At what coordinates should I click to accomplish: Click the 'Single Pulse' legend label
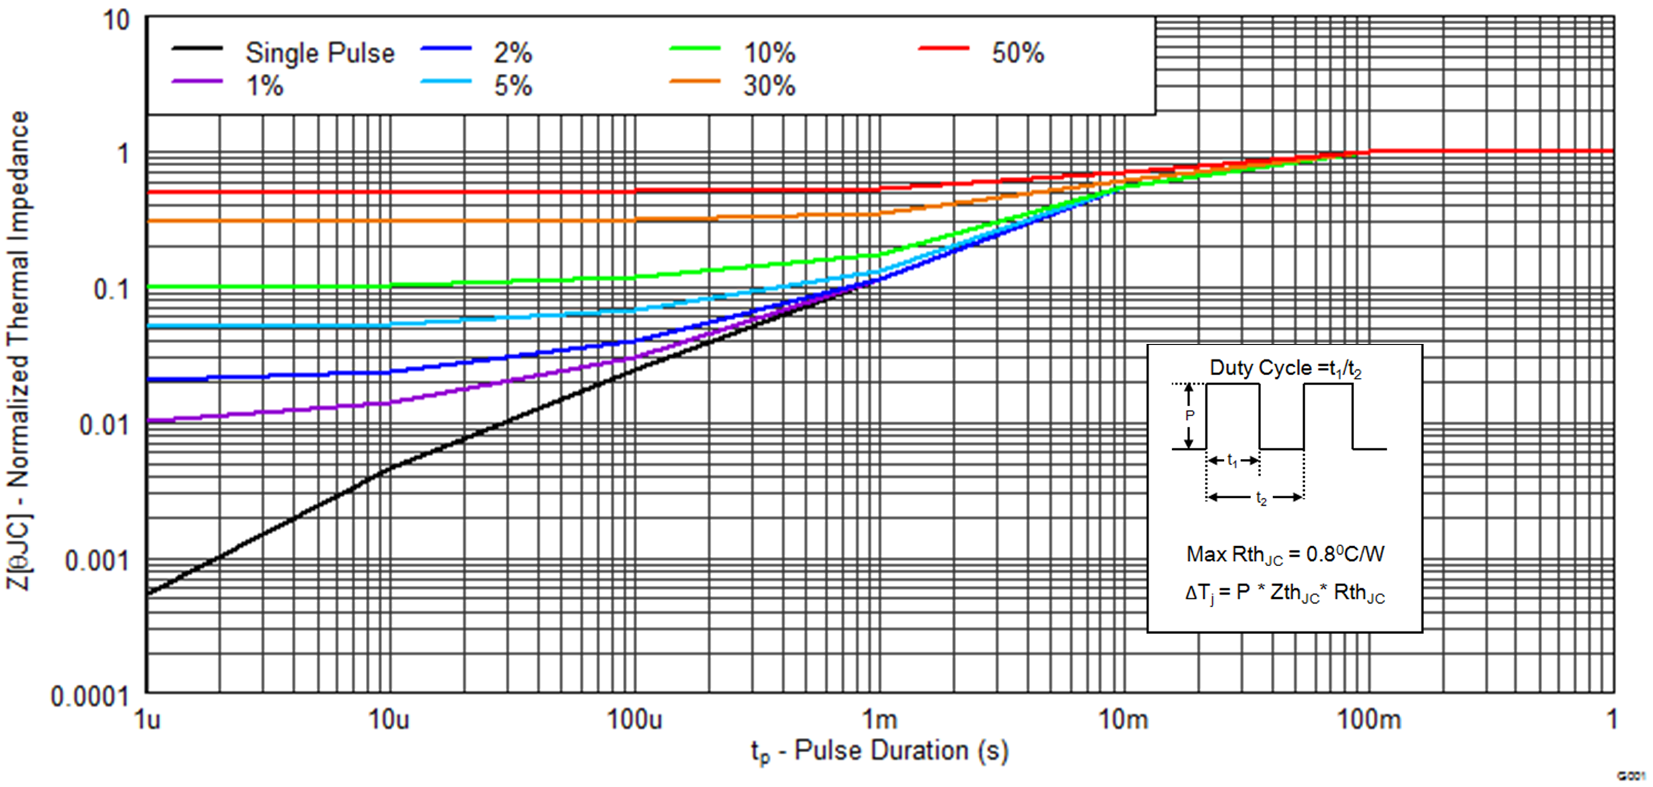[320, 53]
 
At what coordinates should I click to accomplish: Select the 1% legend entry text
[264, 86]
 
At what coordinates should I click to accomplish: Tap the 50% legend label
[1017, 53]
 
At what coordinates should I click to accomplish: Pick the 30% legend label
[769, 86]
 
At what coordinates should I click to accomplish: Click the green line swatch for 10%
[695, 48]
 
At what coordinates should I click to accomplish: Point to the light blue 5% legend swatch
[446, 81]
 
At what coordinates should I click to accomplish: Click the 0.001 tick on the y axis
[97, 561]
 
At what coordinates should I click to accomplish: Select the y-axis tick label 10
[116, 20]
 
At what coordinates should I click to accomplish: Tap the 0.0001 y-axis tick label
[90, 697]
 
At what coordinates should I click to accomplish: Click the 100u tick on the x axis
[634, 720]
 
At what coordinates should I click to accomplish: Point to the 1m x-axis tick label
[879, 720]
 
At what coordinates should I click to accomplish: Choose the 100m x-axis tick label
[1369, 720]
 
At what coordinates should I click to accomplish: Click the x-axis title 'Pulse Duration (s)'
[901, 751]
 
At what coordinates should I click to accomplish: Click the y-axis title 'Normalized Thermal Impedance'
[18, 298]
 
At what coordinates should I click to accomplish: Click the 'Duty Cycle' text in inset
[1261, 368]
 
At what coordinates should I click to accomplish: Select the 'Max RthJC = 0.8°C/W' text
[1285, 555]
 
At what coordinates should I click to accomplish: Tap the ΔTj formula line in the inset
[1285, 593]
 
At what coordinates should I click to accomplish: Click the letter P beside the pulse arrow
[1190, 416]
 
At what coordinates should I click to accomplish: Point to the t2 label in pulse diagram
[1261, 499]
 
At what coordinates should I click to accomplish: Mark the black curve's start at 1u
[148, 593]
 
